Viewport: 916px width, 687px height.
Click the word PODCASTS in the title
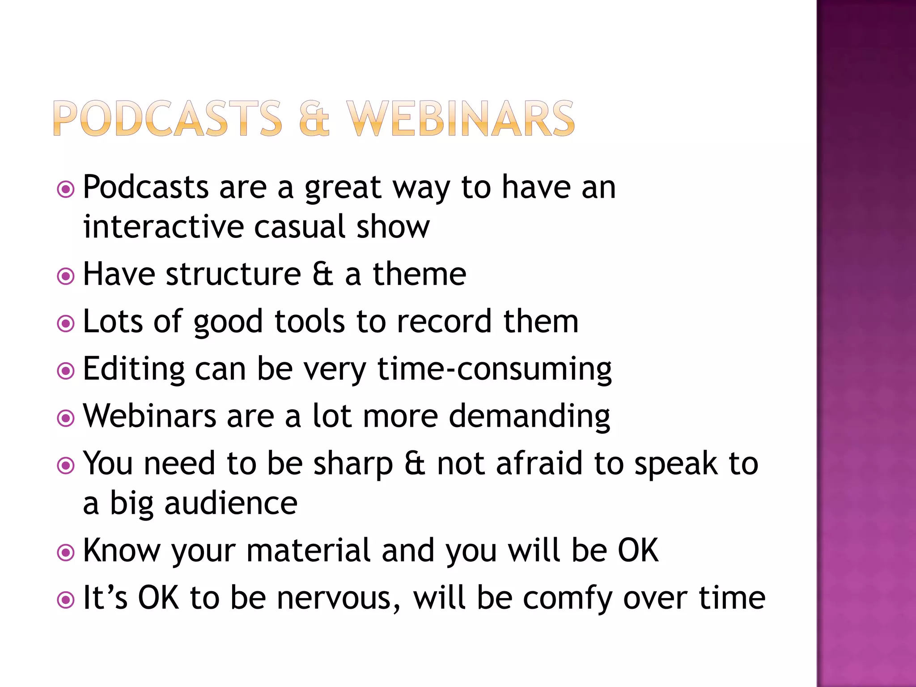(167, 118)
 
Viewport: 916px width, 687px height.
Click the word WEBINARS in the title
(461, 118)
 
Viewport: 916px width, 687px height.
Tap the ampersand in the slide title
(314, 118)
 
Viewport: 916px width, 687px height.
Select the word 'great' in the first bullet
(343, 188)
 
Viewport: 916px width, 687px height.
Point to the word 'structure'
(233, 274)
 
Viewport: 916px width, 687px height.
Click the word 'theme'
(420, 274)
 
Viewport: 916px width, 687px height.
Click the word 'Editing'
(134, 369)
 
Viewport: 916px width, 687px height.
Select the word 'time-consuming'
(494, 369)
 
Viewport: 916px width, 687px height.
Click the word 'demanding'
(529, 417)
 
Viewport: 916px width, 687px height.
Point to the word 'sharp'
(353, 464)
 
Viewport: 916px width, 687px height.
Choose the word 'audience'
(231, 504)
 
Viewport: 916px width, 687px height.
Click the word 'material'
(309, 550)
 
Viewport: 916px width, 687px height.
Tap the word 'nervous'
(338, 598)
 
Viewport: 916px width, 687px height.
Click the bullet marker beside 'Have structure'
(66, 276)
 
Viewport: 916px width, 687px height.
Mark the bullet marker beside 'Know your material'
(66, 552)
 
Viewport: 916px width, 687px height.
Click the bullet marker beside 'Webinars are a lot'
(66, 418)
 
